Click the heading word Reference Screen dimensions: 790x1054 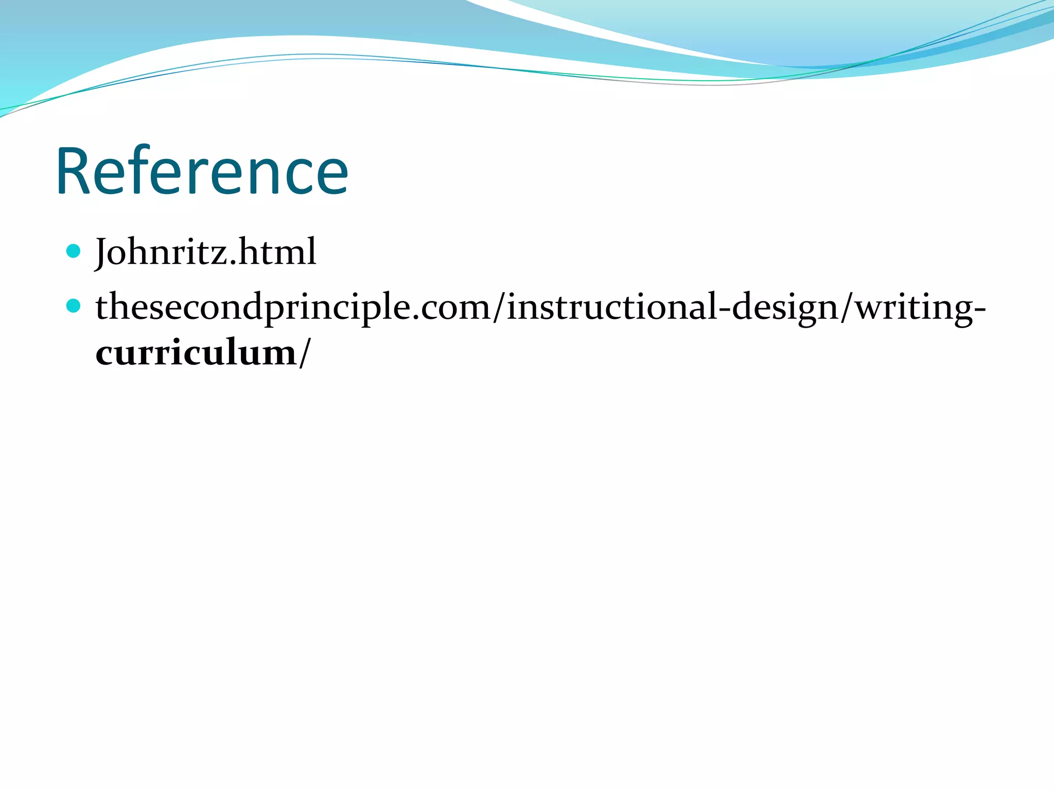(202, 171)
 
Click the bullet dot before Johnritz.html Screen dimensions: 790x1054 (74, 251)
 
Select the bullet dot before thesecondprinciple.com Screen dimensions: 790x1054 (74, 306)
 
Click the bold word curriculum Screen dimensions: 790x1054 (196, 354)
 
